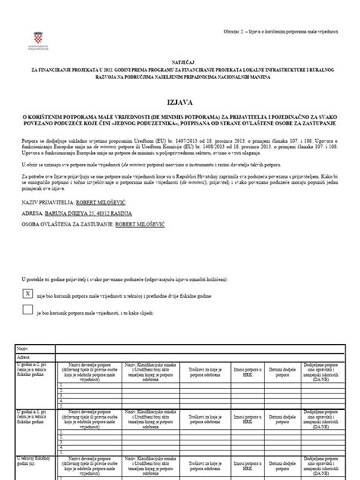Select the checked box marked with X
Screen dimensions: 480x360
coord(29,292)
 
